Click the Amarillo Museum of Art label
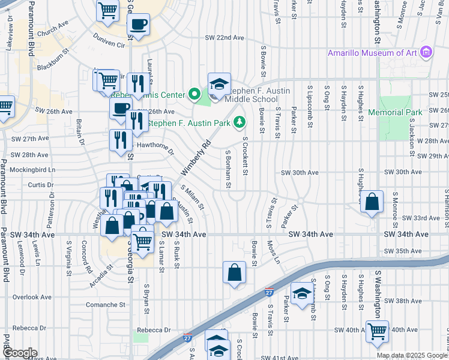tap(372, 53)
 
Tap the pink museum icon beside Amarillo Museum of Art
tap(427, 53)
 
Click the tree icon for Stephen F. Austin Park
tap(240, 123)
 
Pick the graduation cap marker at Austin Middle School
tap(219, 84)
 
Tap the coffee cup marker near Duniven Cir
tap(139, 25)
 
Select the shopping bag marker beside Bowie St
tap(234, 272)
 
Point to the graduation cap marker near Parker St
tap(302, 293)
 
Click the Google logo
tap(19, 353)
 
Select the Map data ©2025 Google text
tap(412, 355)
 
